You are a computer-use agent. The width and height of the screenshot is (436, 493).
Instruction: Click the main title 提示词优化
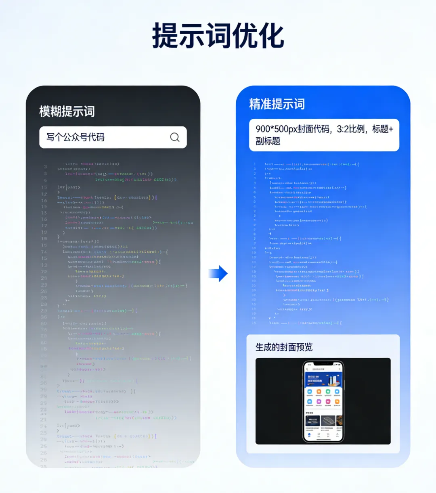(218, 36)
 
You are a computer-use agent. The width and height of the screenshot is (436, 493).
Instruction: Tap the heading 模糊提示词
(67, 111)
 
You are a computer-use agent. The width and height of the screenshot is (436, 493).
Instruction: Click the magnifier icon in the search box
(175, 137)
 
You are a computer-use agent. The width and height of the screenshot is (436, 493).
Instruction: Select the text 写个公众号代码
(75, 137)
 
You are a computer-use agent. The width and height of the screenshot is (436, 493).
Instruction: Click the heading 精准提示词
(277, 104)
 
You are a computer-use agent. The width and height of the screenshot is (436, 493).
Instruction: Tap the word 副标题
(268, 141)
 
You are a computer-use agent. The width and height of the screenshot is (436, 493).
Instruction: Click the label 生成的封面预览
(284, 347)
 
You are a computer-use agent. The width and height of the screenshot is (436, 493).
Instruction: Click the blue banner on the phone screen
(323, 380)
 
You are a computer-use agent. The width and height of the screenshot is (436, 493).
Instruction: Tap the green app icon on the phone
(328, 392)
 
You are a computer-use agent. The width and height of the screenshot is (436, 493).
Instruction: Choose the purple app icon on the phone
(319, 402)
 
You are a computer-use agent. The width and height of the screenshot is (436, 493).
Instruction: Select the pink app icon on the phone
(328, 402)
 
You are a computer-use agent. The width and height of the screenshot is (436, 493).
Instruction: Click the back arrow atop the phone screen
(308, 369)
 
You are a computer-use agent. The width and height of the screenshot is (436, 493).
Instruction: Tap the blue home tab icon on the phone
(309, 435)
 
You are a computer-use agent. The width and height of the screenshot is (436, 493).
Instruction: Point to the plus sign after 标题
(391, 129)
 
